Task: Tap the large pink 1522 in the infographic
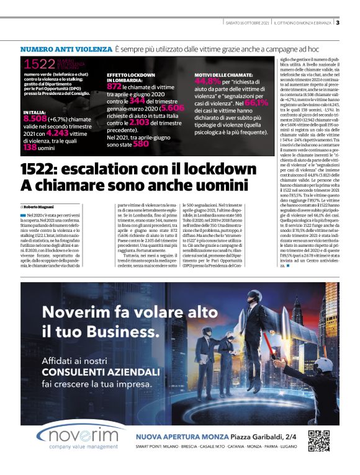[x=40, y=63]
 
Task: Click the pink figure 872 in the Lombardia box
[x=115, y=86]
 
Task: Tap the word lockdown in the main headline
[x=222, y=169]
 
